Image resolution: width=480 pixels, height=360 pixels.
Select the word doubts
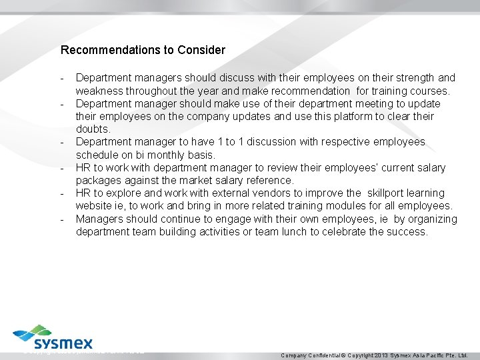[x=93, y=129]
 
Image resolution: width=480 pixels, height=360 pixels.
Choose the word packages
[x=99, y=180]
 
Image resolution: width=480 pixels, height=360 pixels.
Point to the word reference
[x=269, y=180]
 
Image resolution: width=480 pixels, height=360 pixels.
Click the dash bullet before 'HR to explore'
[x=62, y=194]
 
